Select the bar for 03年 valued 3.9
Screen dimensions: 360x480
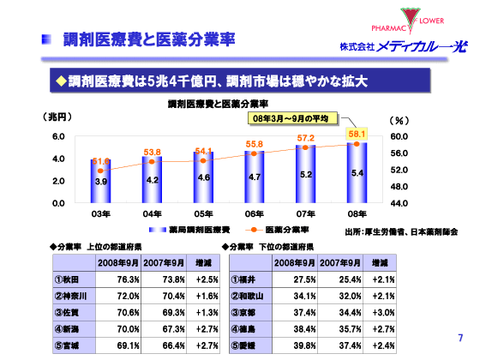pyautogui.click(x=101, y=181)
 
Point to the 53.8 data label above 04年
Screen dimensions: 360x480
pyautogui.click(x=153, y=152)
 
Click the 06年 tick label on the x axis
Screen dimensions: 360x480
pyautogui.click(x=255, y=213)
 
